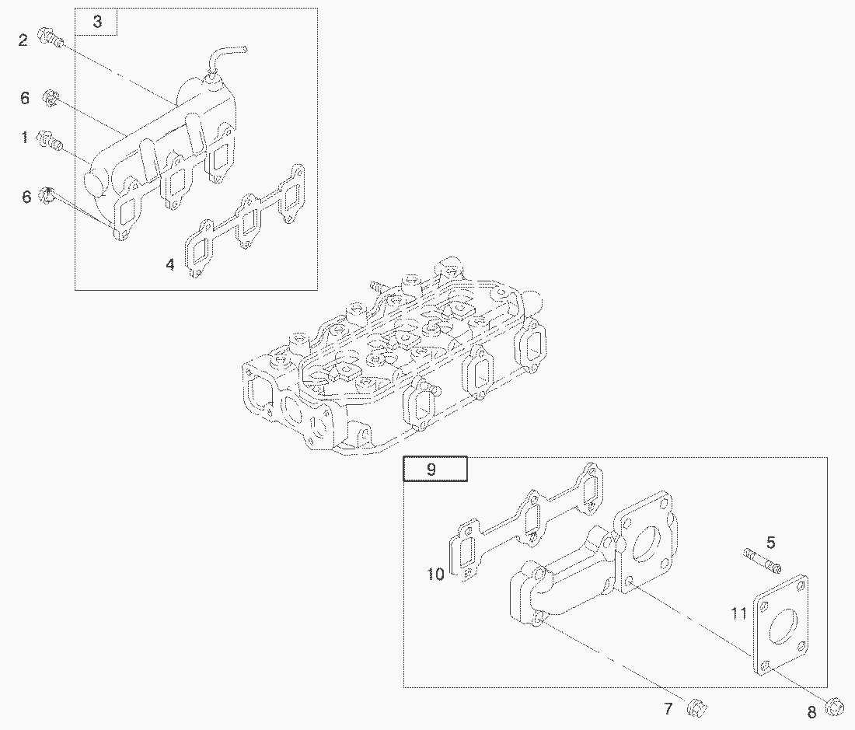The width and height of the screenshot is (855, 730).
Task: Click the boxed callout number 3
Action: pyautogui.click(x=97, y=22)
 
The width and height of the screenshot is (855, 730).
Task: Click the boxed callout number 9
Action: pyautogui.click(x=431, y=470)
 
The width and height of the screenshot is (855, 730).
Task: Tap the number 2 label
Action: pyautogui.click(x=23, y=40)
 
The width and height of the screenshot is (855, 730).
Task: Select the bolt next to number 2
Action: pyautogui.click(x=51, y=37)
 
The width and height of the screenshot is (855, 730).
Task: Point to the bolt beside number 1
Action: pyautogui.click(x=49, y=141)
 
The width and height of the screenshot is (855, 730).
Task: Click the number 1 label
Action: pyautogui.click(x=24, y=137)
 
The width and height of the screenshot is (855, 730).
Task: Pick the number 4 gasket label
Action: pyautogui.click(x=170, y=265)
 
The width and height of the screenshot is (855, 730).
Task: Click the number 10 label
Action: pyautogui.click(x=436, y=574)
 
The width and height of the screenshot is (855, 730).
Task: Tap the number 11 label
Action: pyautogui.click(x=739, y=614)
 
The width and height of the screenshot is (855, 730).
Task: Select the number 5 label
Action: pyautogui.click(x=770, y=543)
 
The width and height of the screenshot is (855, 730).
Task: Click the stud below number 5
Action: pyautogui.click(x=762, y=561)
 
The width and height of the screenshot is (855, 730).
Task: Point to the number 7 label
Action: pyautogui.click(x=668, y=709)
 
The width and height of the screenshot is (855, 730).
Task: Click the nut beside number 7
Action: pyautogui.click(x=696, y=707)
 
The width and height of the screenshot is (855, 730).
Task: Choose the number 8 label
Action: pyautogui.click(x=812, y=712)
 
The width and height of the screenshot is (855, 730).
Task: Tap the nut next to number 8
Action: pyautogui.click(x=834, y=707)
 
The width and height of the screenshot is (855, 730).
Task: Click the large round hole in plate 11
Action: pyautogui.click(x=783, y=625)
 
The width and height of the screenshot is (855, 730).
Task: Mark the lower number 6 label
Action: pyautogui.click(x=26, y=197)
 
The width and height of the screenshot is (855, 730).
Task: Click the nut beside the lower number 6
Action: pyautogui.click(x=48, y=195)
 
